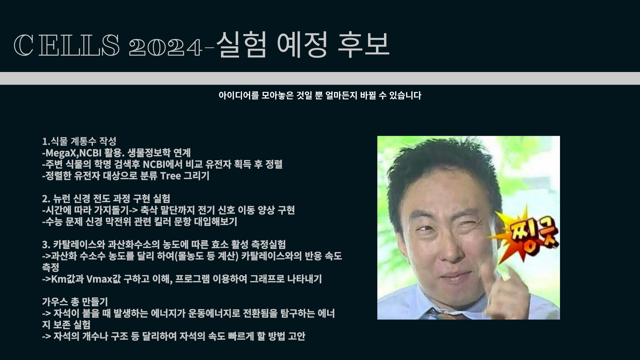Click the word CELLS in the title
tap(66, 45)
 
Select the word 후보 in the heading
tap(363, 44)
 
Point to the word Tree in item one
tap(170, 176)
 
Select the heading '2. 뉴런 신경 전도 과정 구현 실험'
tap(106, 199)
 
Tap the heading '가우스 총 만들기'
tap(75, 302)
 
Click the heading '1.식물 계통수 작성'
tap(79, 141)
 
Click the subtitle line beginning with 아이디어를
tap(320, 96)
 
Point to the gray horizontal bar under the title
tap(320, 78)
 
